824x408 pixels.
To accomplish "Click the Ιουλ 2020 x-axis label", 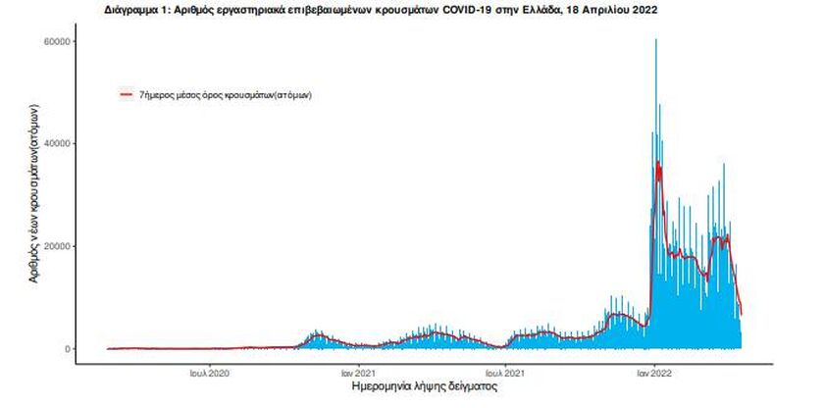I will (209, 373).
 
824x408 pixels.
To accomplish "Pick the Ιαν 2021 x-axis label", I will (357, 373).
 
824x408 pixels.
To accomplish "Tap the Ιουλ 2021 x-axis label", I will (504, 373).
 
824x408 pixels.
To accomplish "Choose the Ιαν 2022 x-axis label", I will (654, 373).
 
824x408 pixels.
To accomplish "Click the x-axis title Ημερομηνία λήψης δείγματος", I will (424, 388).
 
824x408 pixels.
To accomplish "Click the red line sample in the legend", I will (126, 94).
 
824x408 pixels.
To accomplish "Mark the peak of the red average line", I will (658, 164).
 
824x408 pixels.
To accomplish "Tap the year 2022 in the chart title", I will (644, 9).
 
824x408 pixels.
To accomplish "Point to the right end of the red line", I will (742, 314).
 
